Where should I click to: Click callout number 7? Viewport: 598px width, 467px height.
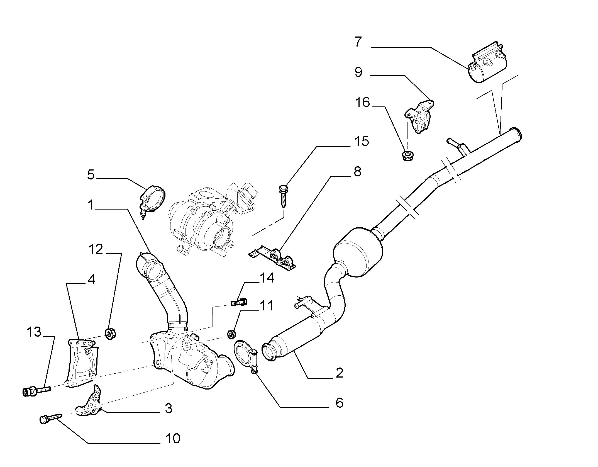(x=358, y=42)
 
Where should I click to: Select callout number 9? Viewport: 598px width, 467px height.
(x=358, y=72)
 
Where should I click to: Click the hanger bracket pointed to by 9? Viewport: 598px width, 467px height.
(x=419, y=117)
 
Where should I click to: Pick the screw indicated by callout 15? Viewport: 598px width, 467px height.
(x=283, y=196)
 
